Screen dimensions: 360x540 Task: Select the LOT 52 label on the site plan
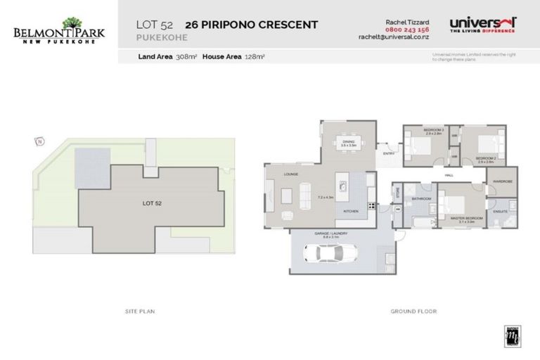click(152, 203)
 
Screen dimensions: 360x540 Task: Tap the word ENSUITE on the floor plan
click(501, 211)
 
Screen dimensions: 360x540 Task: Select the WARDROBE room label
click(502, 181)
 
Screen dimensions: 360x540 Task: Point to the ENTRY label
click(388, 153)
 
